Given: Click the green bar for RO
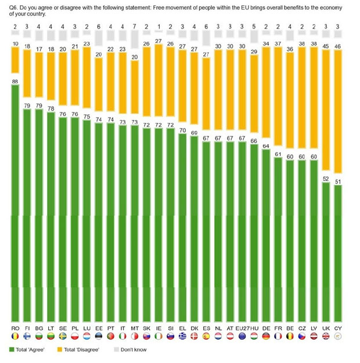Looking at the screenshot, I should coord(15,203).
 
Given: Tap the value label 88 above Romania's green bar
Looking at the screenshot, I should coord(15,82).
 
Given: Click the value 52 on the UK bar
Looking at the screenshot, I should coord(325,179).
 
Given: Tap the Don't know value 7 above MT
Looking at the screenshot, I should coord(134,27).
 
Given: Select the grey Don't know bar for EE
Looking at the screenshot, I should coord(98,40).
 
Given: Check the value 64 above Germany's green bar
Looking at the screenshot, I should coord(265,146).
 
